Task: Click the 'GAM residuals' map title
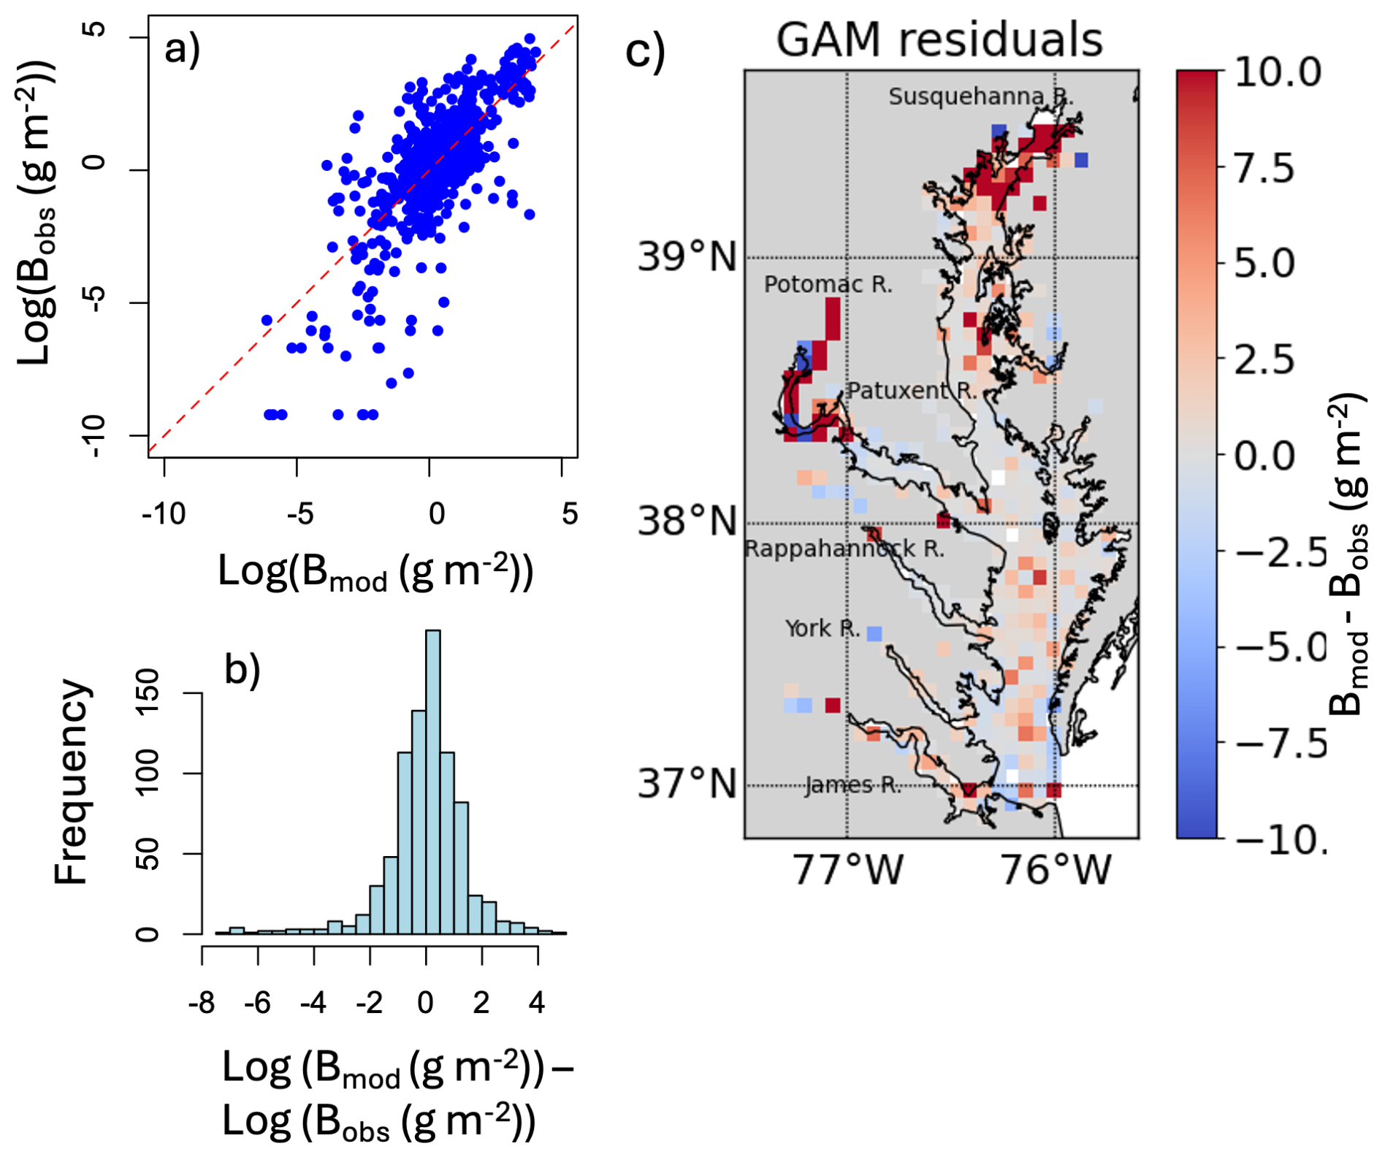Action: pos(939,39)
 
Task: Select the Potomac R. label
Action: pos(828,284)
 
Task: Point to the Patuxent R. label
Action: pos(911,391)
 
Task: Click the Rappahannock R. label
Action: pos(844,549)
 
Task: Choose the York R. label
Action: pos(822,628)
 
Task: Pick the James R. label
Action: pos(852,785)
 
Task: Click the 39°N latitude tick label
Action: pos(687,257)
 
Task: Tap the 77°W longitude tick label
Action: pos(847,870)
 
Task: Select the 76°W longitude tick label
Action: pos(1055,870)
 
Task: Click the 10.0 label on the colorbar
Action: pos(1278,72)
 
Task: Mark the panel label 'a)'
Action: pos(182,50)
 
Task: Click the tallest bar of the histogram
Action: pos(432,782)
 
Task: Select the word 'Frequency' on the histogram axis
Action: pos(71,782)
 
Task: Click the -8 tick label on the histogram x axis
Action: pos(202,1003)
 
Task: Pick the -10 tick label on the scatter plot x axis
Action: pos(164,514)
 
